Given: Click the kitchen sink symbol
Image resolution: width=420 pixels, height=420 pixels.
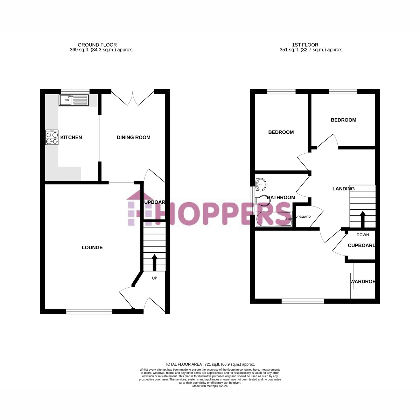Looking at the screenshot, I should (x=74, y=100).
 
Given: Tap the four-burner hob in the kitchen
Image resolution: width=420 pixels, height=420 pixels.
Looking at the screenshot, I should (x=52, y=138).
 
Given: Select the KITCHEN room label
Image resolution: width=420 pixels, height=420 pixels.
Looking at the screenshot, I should (x=71, y=138).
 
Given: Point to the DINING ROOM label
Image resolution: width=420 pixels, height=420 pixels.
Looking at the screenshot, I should (x=133, y=138).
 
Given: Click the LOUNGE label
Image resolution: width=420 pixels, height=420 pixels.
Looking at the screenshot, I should (x=92, y=247).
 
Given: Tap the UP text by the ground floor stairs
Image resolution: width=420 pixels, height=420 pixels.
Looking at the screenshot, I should (x=154, y=278).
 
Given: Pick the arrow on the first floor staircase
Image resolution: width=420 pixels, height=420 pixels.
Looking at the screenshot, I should (x=363, y=219).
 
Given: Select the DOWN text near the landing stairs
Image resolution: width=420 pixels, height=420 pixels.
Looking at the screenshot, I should (x=363, y=235).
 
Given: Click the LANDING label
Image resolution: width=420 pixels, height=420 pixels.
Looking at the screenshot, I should (x=343, y=189).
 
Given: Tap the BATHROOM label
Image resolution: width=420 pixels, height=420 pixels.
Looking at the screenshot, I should (x=281, y=197).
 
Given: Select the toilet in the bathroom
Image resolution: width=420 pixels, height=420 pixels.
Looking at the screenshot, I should (x=262, y=200).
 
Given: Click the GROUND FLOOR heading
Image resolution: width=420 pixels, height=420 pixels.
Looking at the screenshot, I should (x=97, y=45).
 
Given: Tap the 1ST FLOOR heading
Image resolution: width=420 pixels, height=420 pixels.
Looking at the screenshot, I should (x=305, y=45).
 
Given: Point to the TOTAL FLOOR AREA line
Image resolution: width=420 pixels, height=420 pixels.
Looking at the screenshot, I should (x=210, y=364).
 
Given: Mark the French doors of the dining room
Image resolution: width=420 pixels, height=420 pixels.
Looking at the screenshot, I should (x=133, y=98).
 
